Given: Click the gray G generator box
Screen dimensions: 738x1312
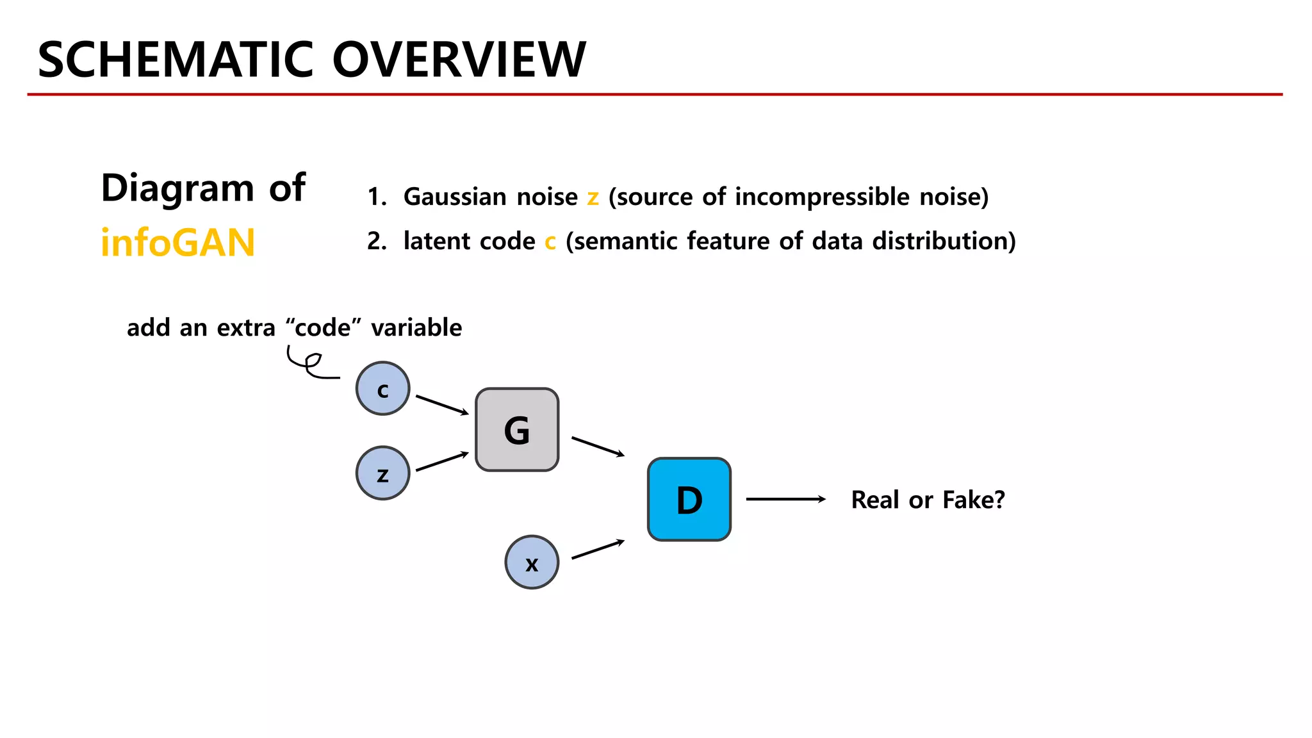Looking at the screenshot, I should click(x=517, y=430).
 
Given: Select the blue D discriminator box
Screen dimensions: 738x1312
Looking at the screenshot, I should click(x=689, y=500).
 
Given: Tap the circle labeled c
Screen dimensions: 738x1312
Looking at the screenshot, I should click(x=383, y=389).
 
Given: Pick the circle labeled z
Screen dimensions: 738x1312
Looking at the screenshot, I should click(x=383, y=473).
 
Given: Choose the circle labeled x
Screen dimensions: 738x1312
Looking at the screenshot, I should click(x=532, y=562).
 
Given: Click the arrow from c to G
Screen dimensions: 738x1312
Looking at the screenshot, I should click(x=442, y=405).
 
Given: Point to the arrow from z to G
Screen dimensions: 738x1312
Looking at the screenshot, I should click(x=442, y=462).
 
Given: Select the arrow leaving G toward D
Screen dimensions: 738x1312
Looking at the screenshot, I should click(x=598, y=447).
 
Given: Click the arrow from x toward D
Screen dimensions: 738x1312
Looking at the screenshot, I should click(x=598, y=550).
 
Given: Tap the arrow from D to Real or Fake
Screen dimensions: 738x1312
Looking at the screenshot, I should click(x=785, y=499).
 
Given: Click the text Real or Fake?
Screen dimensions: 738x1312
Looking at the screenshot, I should click(x=928, y=500).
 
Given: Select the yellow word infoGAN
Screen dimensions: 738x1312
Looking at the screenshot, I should click(x=178, y=243).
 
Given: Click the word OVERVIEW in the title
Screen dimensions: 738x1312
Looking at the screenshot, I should click(x=459, y=60).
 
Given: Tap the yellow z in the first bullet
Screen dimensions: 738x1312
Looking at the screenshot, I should click(x=593, y=197).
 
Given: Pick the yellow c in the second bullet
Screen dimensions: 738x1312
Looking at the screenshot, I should click(x=550, y=242).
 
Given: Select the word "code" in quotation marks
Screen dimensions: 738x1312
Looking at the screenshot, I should click(x=323, y=327).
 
